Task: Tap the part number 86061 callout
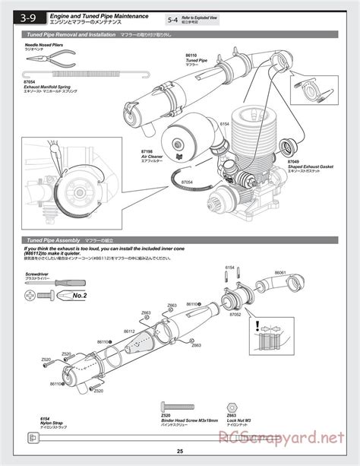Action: click(280, 272)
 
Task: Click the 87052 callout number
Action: click(235, 313)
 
